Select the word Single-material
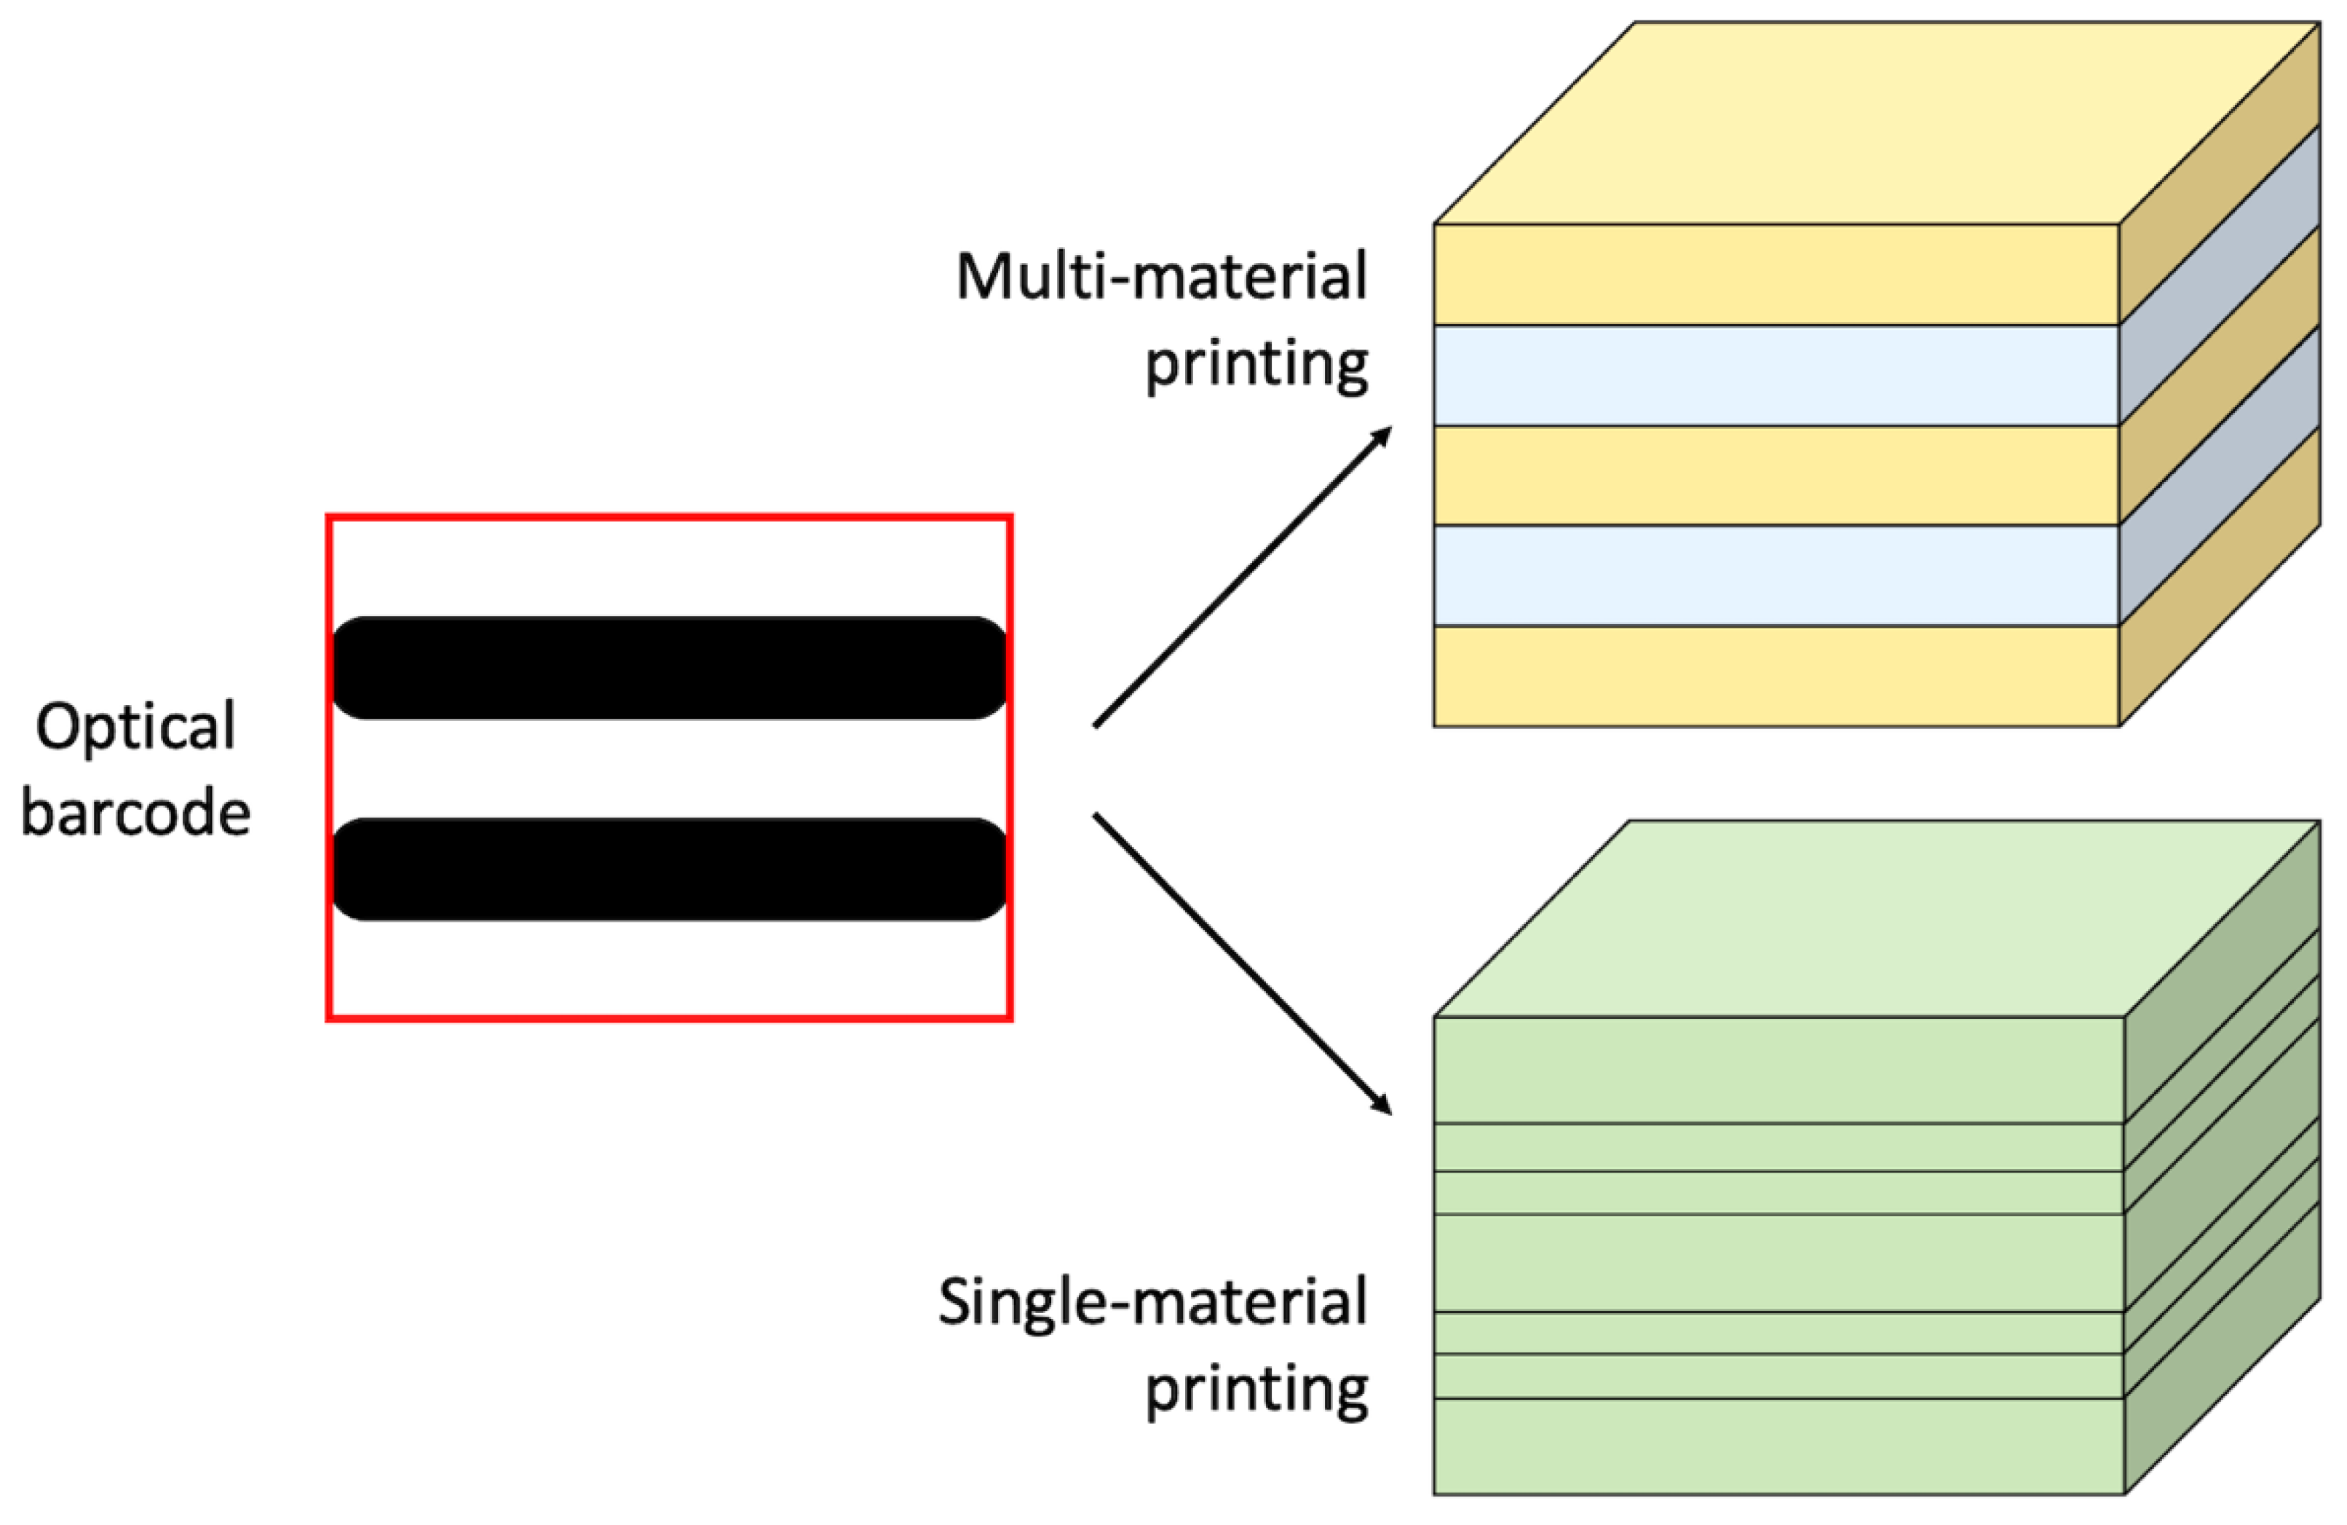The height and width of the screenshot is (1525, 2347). point(1152,1302)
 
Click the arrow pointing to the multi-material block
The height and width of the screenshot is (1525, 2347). point(1243,576)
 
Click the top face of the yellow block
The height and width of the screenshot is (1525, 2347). point(1874,123)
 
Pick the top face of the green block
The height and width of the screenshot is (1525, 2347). point(1874,918)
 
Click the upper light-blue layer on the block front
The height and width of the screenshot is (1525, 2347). point(1775,376)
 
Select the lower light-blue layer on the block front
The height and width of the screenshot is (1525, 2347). point(1775,576)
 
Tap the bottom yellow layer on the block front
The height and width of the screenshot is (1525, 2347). point(1775,677)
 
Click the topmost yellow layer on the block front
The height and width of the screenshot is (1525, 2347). point(1775,275)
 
